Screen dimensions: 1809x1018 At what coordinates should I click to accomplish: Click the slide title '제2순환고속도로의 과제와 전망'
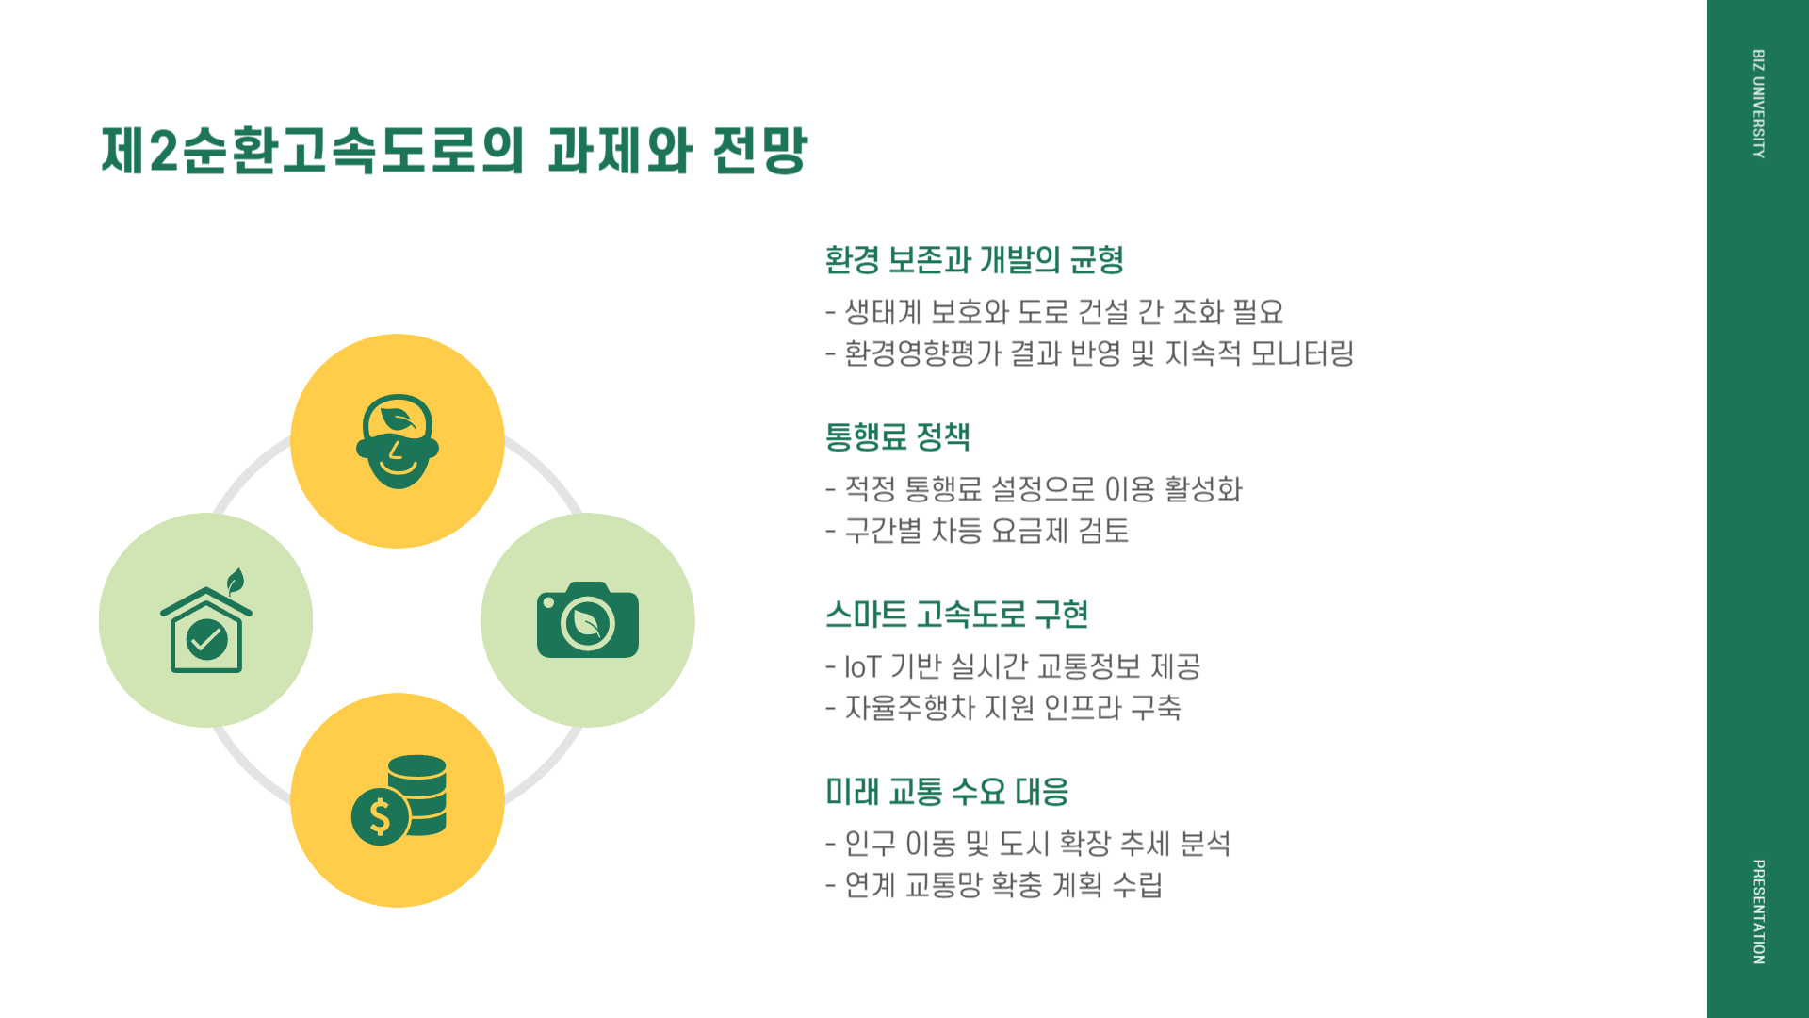point(454,151)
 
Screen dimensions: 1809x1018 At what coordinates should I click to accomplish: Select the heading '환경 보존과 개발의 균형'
point(974,260)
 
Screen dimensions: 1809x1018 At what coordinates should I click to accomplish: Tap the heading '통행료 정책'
point(897,437)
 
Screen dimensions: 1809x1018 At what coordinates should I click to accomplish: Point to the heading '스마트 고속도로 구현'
point(956,615)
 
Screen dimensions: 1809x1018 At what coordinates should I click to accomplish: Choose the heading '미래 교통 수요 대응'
point(946,792)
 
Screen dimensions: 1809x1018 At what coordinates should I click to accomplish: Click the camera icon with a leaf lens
point(588,620)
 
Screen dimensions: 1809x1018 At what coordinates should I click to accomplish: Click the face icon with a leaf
point(398,441)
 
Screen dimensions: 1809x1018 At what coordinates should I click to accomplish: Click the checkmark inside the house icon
point(206,640)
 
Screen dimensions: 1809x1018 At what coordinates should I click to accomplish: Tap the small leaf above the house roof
point(236,581)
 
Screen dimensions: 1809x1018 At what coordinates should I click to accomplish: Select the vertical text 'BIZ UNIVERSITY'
point(1758,104)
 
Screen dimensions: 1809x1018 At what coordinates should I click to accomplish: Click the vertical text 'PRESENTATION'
point(1758,911)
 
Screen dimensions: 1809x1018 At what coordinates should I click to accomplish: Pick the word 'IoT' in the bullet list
point(861,667)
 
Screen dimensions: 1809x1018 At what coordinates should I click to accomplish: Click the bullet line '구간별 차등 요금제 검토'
point(986,532)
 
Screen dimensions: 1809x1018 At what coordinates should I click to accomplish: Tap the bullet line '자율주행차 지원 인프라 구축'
point(1012,708)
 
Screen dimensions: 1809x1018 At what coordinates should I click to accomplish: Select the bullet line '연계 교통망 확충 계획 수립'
point(1002,885)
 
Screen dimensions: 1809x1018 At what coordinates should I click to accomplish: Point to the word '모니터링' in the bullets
point(1302,354)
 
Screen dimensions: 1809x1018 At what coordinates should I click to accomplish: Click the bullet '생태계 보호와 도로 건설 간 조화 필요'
point(1063,312)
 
